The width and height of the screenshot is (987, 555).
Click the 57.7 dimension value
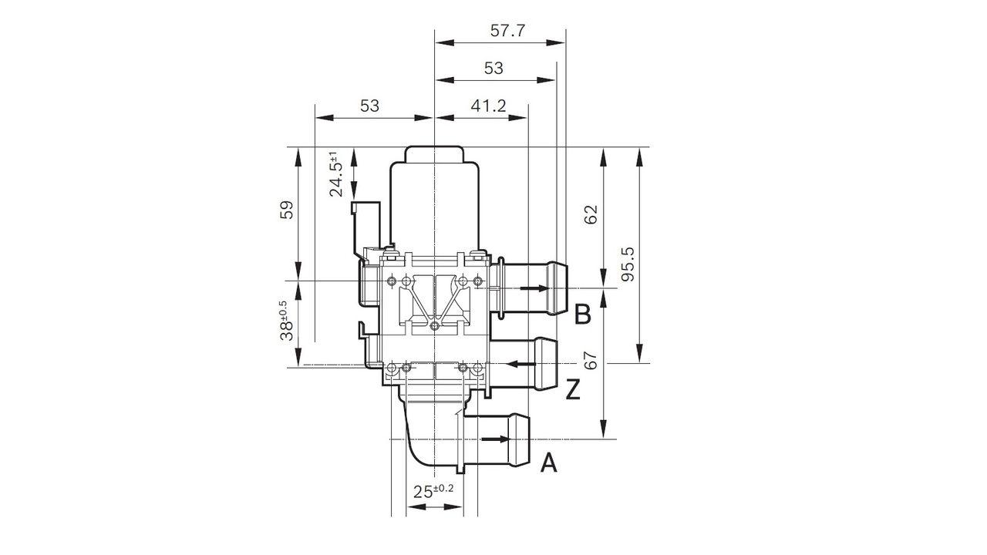(x=507, y=31)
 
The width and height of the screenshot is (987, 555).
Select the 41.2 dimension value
(x=488, y=106)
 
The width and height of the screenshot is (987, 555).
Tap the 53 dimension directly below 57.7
(x=493, y=68)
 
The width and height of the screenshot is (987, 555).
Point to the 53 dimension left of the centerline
(x=370, y=106)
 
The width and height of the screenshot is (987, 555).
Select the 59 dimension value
(x=286, y=210)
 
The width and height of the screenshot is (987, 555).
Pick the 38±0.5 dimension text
(x=286, y=320)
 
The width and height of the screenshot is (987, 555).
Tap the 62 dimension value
(x=591, y=215)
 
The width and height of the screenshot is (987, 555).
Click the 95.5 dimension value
(x=628, y=264)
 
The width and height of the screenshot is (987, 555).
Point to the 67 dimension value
(x=591, y=361)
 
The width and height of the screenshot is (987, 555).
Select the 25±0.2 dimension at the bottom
(x=431, y=491)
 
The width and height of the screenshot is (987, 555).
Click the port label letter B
(x=583, y=314)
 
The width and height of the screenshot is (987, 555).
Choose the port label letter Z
(x=572, y=391)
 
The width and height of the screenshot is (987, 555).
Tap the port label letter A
(x=548, y=462)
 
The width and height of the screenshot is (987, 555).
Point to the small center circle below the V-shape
(x=435, y=327)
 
